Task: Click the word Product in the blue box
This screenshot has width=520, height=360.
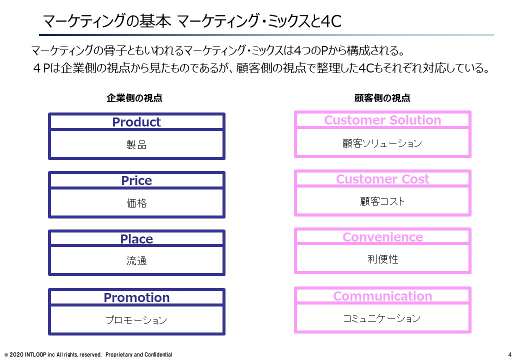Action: click(136, 122)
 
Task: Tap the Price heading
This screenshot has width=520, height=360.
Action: click(136, 180)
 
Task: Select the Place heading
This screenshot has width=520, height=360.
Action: click(136, 239)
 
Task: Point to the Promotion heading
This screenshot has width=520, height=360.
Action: click(136, 297)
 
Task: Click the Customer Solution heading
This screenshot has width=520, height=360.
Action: click(382, 120)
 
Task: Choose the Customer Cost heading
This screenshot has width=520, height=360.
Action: click(382, 179)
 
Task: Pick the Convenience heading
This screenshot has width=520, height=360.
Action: click(382, 237)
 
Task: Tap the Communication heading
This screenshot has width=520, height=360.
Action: click(382, 296)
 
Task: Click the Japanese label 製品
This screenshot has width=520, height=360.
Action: click(136, 144)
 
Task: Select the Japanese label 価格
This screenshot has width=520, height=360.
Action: click(136, 203)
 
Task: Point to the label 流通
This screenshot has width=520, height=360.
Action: click(136, 260)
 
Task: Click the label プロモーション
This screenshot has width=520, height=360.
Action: click(136, 320)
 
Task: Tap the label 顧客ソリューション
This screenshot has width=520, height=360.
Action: click(382, 143)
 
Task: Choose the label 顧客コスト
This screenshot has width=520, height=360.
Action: click(382, 201)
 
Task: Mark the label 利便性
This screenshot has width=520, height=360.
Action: click(382, 259)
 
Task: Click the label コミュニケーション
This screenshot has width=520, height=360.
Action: click(381, 318)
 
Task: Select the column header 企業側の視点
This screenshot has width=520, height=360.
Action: click(134, 98)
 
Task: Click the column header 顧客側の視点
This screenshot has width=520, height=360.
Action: click(382, 98)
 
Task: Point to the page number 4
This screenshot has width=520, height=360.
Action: click(510, 354)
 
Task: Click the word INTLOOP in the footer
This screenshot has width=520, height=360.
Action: click(35, 354)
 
